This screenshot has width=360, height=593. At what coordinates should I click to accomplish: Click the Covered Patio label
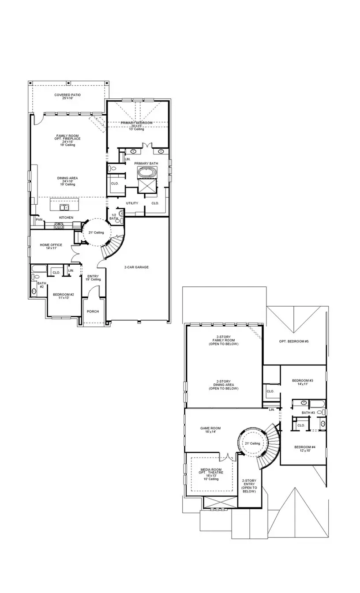pyautogui.click(x=67, y=96)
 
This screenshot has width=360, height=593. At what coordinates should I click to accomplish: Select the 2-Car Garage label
pyautogui.click(x=136, y=267)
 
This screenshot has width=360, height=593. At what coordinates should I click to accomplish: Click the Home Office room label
pyautogui.click(x=51, y=247)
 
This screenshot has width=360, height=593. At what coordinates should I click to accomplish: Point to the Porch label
pyautogui.click(x=93, y=311)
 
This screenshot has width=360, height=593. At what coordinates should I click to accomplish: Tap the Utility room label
pyautogui.click(x=132, y=203)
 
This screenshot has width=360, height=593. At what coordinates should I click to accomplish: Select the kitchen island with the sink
pyautogui.click(x=65, y=205)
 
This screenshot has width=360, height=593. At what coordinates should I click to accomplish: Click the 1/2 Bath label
pyautogui.click(x=113, y=216)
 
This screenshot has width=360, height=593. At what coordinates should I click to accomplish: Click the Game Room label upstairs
pyautogui.click(x=210, y=430)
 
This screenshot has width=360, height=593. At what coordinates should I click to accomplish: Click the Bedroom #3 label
pyautogui.click(x=303, y=382)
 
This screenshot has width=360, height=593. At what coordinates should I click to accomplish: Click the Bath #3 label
pyautogui.click(x=308, y=413)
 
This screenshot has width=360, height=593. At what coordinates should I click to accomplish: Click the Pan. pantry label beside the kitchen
pyautogui.click(x=39, y=219)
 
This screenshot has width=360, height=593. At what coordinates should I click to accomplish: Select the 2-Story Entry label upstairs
pyautogui.click(x=249, y=485)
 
